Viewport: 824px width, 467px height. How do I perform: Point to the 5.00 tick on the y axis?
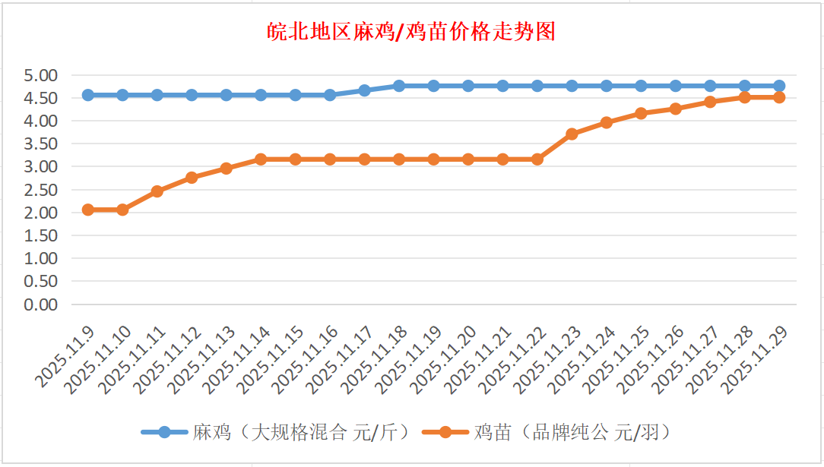(x=41, y=76)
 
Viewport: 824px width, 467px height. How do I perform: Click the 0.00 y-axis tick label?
(x=41, y=304)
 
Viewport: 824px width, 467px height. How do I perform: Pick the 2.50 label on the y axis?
(x=41, y=190)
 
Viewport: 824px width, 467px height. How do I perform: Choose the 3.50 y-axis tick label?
(x=41, y=144)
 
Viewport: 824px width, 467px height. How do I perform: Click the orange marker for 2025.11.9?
(x=88, y=210)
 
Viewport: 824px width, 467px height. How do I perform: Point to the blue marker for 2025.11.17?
(x=364, y=90)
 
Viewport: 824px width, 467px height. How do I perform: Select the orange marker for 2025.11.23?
(x=572, y=134)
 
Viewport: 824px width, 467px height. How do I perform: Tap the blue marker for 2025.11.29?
(x=779, y=86)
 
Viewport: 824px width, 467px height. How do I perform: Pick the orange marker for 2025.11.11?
(x=157, y=191)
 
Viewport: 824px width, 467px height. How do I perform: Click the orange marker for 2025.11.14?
(x=261, y=159)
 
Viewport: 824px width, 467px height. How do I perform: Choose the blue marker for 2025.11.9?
(x=88, y=95)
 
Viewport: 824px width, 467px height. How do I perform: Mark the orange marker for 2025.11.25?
(x=641, y=113)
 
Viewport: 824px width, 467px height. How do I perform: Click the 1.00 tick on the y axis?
(x=41, y=259)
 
